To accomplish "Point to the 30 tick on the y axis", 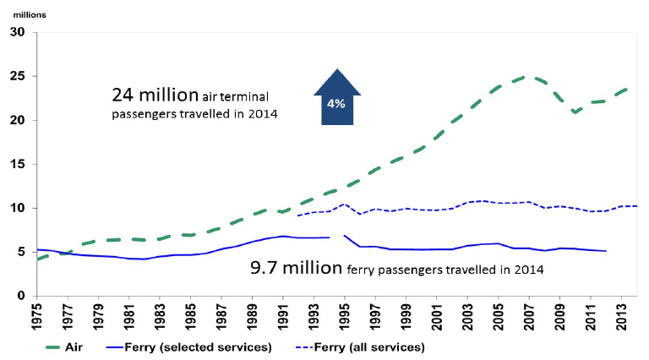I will [x=19, y=32].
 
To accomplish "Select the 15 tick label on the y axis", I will [x=19, y=164].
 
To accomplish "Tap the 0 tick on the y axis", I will [x=22, y=296].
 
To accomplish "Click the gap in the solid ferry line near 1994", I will [x=335, y=237].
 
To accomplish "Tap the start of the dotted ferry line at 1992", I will [x=297, y=215].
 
